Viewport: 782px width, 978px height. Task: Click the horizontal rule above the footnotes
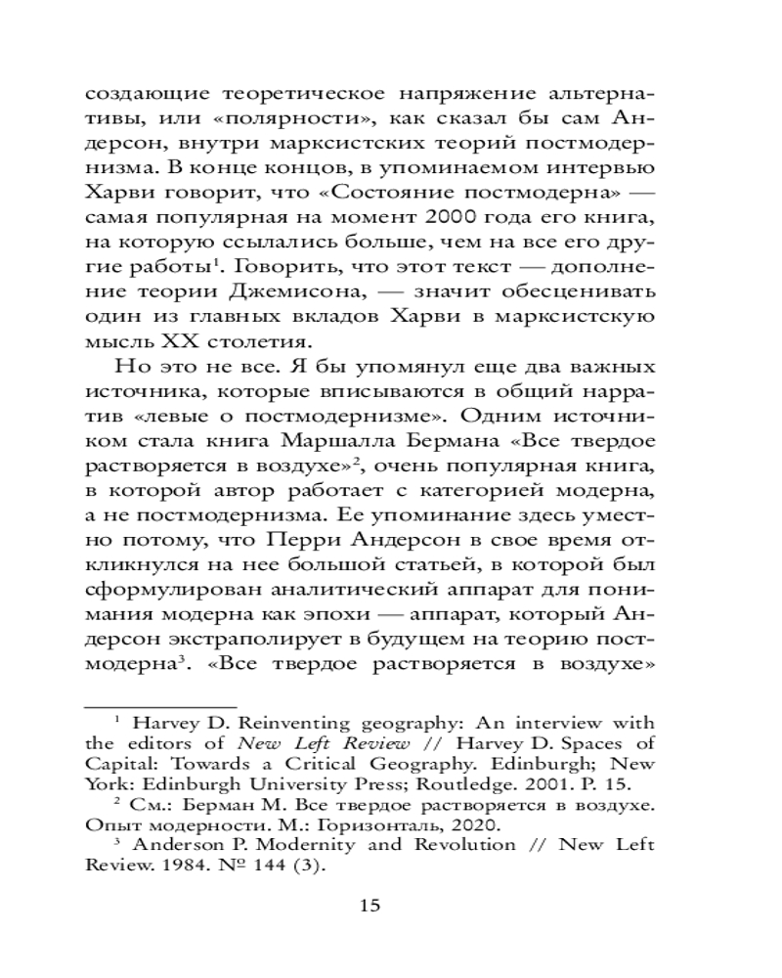(162, 704)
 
